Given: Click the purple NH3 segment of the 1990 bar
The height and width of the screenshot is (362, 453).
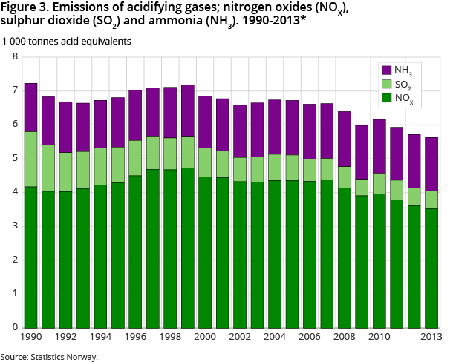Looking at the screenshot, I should coord(31,108).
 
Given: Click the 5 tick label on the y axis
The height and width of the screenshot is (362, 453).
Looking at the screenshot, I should coord(16,158).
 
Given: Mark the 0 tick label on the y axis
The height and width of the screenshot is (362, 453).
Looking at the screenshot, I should coord(16,327).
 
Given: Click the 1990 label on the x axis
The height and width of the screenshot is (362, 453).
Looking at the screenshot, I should coord(30,338).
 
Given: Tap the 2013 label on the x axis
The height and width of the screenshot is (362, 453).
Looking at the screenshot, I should coord(431,338).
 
